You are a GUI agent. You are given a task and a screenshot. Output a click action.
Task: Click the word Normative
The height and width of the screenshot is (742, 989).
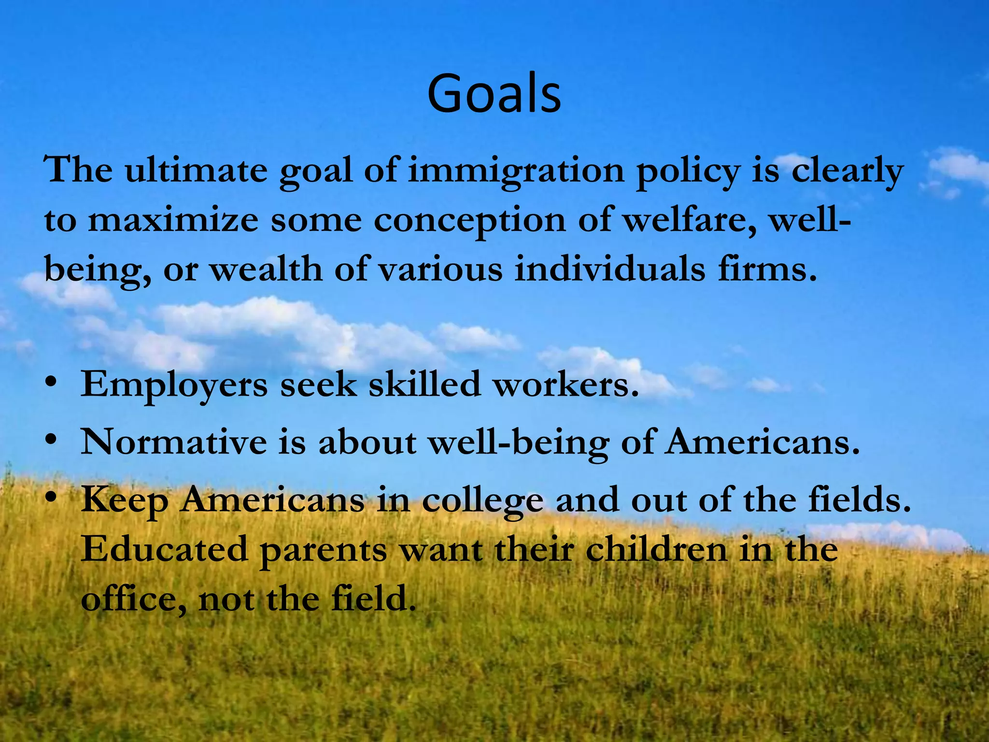pos(173,442)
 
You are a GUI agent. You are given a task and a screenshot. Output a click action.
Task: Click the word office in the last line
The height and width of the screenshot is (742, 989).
pos(133,599)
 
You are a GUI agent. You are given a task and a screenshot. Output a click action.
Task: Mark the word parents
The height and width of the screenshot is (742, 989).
pos(323,551)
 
